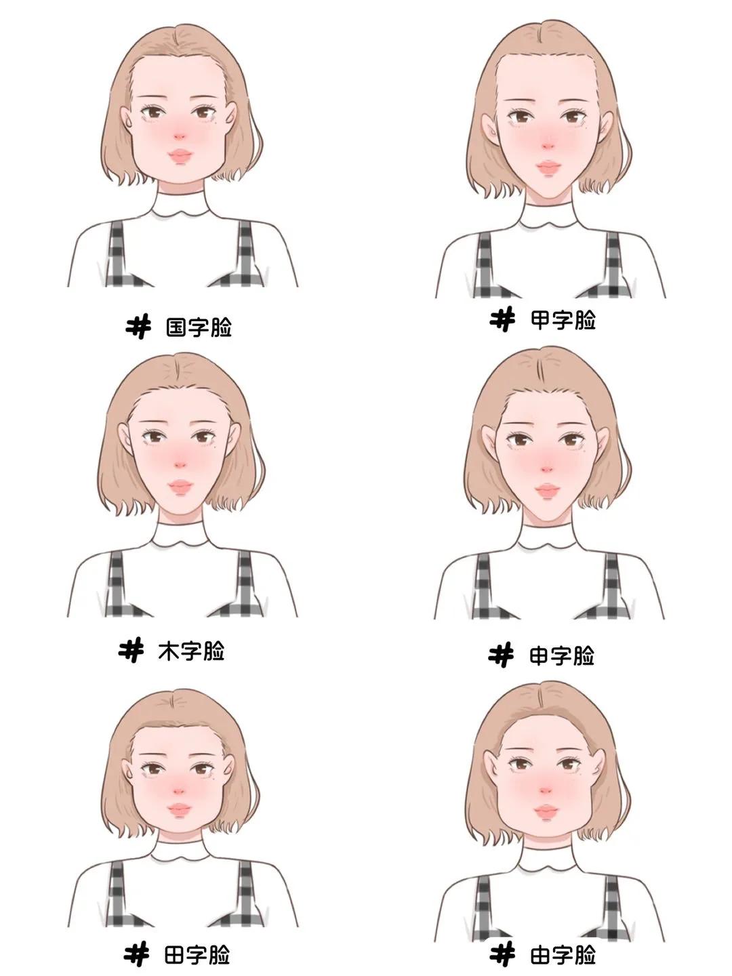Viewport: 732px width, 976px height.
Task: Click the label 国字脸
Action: [x=199, y=327]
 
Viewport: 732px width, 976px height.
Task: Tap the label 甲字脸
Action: [x=563, y=320]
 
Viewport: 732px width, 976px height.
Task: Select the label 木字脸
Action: [x=192, y=651]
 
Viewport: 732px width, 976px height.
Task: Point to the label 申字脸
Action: [x=562, y=656]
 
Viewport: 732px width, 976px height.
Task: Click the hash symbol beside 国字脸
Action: [x=138, y=327]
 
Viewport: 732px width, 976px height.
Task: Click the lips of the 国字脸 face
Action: [x=180, y=156]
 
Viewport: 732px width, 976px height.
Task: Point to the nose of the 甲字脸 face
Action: [x=548, y=146]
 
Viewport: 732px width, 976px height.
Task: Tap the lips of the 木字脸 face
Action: [x=180, y=486]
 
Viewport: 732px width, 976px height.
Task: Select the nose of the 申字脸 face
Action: [x=547, y=469]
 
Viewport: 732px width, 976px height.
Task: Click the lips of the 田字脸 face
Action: [x=179, y=809]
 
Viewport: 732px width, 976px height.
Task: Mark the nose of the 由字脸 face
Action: [x=546, y=791]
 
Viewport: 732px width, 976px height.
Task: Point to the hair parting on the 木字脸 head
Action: [x=178, y=373]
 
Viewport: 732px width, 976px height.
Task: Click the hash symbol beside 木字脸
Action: [x=131, y=650]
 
